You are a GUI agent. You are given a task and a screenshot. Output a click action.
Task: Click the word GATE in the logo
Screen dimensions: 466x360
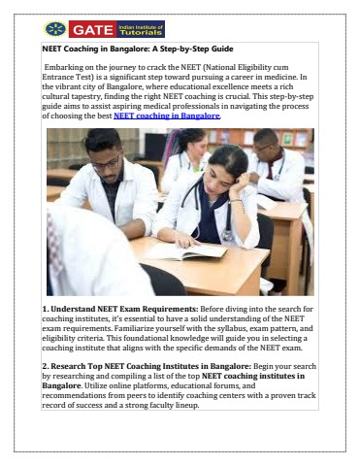pyautogui.click(x=91, y=29)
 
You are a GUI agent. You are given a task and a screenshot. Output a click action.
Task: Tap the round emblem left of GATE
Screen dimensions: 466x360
pyautogui.click(x=54, y=29)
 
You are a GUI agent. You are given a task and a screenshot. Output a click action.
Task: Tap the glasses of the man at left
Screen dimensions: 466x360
pyautogui.click(x=106, y=159)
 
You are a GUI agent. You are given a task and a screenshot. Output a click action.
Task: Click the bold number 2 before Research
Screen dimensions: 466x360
pyautogui.click(x=47, y=365)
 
